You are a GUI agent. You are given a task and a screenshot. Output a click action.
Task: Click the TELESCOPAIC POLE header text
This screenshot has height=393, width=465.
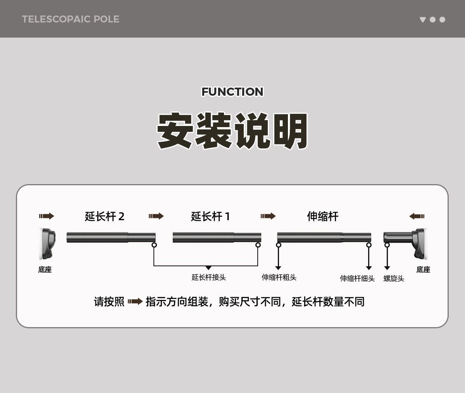[x=71, y=19]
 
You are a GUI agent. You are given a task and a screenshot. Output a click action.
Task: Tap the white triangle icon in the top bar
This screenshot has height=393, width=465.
[x=422, y=19]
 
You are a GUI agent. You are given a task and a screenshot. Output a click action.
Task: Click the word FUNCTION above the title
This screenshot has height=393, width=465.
[x=232, y=92]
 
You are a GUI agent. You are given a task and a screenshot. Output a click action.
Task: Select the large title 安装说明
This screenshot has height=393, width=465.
[x=232, y=131]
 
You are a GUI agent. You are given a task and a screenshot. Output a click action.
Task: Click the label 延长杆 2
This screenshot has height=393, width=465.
[x=105, y=216]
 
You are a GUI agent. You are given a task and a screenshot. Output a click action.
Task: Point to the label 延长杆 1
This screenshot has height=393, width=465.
[x=210, y=216]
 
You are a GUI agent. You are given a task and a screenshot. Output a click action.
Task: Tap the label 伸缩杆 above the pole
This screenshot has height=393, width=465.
[x=322, y=216]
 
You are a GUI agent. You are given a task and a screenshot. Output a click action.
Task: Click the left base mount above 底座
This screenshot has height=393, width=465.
[x=47, y=243]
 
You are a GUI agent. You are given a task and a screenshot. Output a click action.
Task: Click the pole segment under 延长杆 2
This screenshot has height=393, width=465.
[x=111, y=238]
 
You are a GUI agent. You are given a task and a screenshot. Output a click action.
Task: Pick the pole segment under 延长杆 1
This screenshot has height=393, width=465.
[x=217, y=238]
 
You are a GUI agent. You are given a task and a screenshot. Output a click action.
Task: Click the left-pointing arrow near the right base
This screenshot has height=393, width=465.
[x=417, y=216]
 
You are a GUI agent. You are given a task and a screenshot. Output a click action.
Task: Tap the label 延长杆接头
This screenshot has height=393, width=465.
[x=208, y=278]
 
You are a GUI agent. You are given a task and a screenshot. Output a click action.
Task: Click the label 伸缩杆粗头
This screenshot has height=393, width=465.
[x=279, y=278]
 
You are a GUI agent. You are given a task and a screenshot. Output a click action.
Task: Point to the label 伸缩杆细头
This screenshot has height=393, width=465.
[x=357, y=279]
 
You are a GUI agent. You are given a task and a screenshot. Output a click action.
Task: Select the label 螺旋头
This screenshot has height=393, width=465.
[x=394, y=279]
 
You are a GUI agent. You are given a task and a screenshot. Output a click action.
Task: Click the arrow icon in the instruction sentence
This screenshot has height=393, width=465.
[x=135, y=302]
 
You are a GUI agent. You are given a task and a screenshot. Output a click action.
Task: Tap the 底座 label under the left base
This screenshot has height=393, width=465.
[x=45, y=270]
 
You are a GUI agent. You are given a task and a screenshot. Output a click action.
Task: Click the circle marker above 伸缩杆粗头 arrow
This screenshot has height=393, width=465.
[x=278, y=245]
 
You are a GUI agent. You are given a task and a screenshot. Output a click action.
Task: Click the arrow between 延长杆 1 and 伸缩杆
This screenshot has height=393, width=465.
[x=268, y=216]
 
